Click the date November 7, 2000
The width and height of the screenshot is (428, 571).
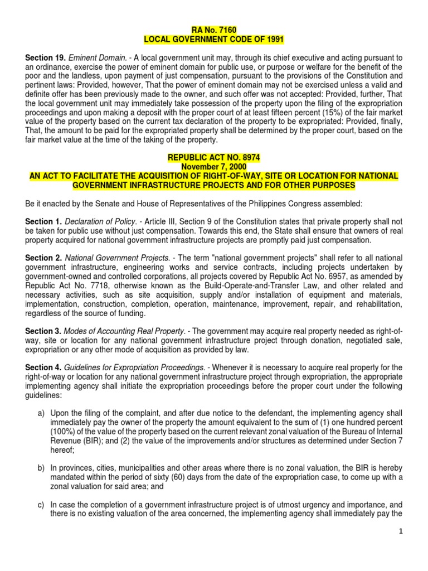214,166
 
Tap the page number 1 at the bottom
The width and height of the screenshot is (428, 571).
401,548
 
